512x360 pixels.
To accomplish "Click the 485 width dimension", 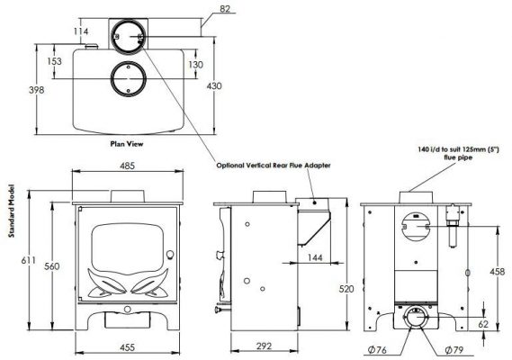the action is tap(127, 166).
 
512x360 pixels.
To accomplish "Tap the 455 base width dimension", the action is tap(127, 347).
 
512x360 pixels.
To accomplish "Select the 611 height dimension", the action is tap(29, 261).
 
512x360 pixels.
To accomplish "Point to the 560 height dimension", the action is tap(52, 266).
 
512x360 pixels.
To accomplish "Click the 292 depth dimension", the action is tap(264, 346).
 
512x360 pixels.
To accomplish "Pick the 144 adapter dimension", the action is tap(315, 257).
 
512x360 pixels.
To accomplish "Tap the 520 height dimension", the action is tap(346, 289).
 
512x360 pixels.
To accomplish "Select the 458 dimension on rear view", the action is tap(498, 271).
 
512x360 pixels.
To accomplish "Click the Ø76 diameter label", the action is tap(377, 350).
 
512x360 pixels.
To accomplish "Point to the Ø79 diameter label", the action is tap(454, 350).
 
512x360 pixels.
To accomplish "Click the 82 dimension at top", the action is tap(225, 8).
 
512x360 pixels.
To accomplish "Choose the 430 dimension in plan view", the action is tap(214, 85).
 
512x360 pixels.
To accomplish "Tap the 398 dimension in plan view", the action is tap(36, 90).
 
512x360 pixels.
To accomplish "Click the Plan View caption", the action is tap(127, 144).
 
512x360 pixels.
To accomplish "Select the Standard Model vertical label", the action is tap(12, 211).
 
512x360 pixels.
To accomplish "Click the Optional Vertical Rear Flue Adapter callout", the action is tap(274, 166).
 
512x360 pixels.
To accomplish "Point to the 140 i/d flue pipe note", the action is tap(458, 154).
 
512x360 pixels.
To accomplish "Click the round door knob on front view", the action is tap(170, 254).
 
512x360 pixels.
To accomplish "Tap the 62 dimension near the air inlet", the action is tap(483, 324).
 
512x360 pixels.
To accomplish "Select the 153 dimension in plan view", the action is tap(54, 61).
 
